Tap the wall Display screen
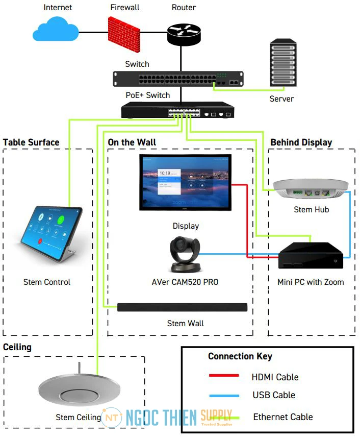click(x=186, y=182)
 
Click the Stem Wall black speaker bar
click(x=182, y=307)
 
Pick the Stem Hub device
click(x=311, y=189)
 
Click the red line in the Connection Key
click(x=224, y=376)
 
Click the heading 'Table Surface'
click(x=31, y=142)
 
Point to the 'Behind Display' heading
click(x=301, y=142)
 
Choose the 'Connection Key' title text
click(x=240, y=356)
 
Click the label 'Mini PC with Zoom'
click(x=311, y=282)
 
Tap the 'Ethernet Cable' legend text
click(x=283, y=417)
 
